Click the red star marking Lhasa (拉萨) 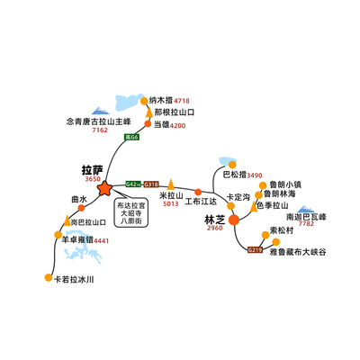[x=104, y=188]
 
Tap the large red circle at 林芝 [x=234, y=220]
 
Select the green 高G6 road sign [x=131, y=137]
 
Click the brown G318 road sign [x=151, y=184]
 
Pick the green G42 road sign [x=133, y=184]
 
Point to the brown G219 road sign [x=256, y=249]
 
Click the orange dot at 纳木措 [x=144, y=101]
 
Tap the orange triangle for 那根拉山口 [x=149, y=112]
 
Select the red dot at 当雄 [x=148, y=123]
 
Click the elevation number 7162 [x=100, y=130]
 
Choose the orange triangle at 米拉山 [x=171, y=184]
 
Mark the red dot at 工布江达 [x=198, y=192]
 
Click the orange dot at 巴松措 [x=232, y=165]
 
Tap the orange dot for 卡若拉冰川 [x=49, y=277]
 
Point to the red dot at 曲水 [x=81, y=208]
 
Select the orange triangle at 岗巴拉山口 [x=67, y=220]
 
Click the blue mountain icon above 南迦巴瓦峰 [x=306, y=209]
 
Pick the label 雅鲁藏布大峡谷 [x=298, y=252]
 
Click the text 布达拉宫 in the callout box [x=131, y=205]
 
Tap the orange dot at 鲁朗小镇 [x=263, y=185]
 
